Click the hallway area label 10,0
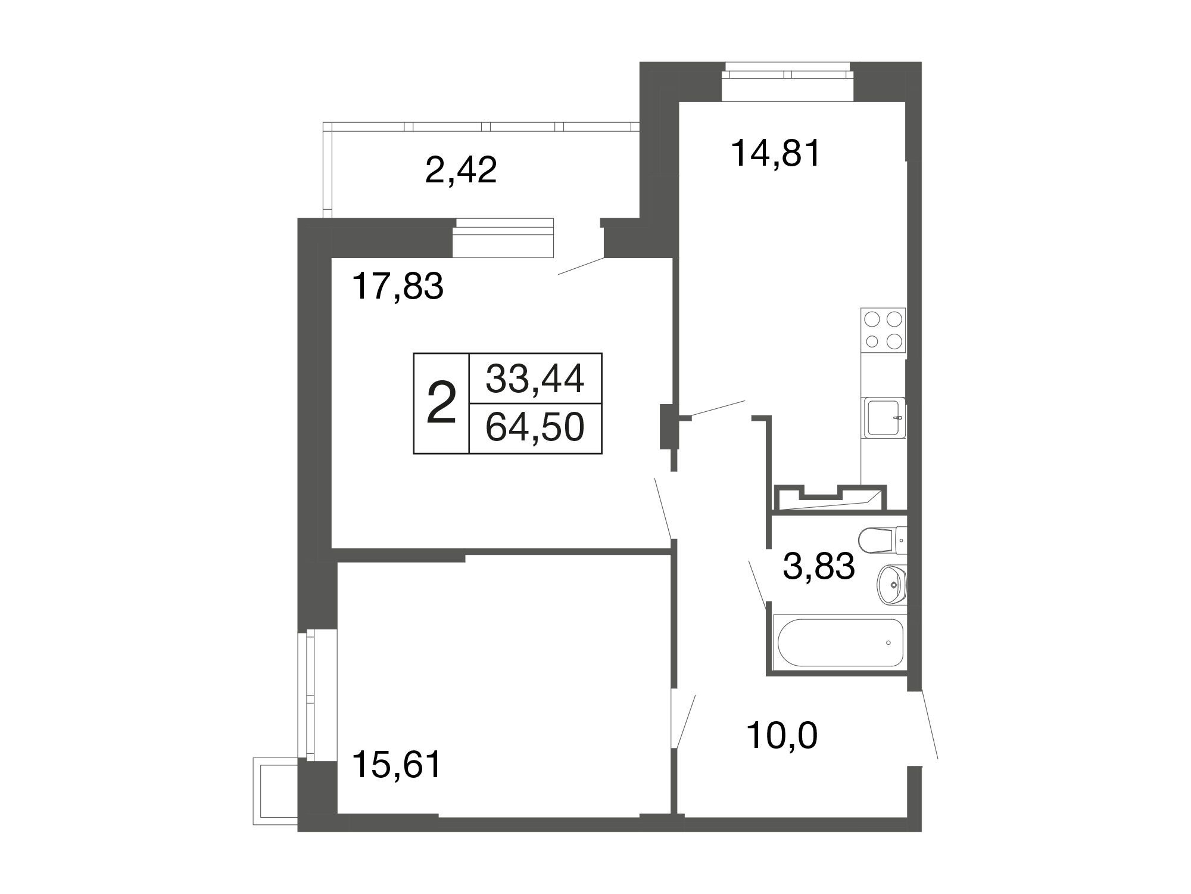782,735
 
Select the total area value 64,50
535,427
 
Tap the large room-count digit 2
442,403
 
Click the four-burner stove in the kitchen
883,330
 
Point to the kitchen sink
884,418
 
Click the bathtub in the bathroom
838,643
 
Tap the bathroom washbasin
891,585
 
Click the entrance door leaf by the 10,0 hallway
930,724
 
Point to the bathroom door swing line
757,583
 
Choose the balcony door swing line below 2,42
581,266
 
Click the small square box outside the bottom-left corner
275,791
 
